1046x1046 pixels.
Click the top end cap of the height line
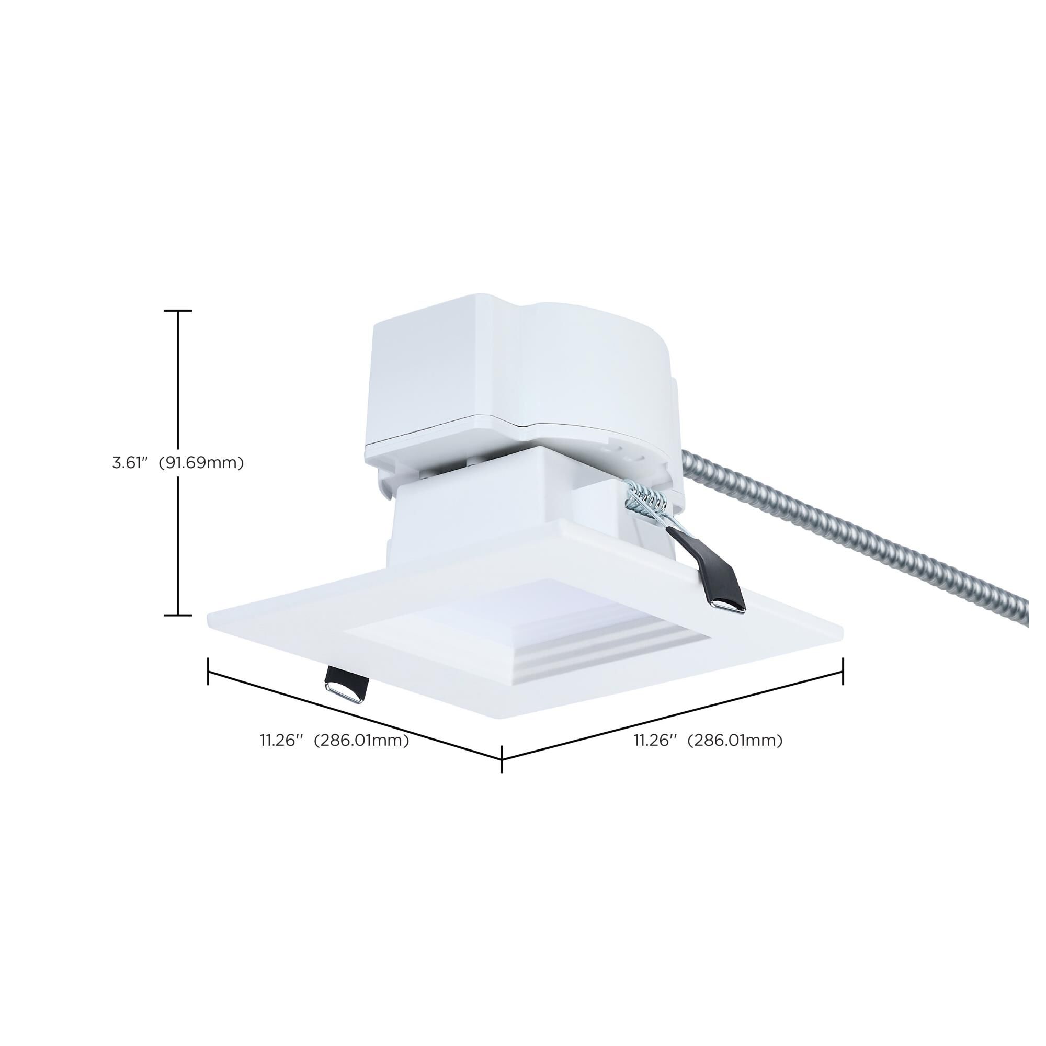click(178, 311)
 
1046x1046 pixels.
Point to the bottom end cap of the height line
click(178, 615)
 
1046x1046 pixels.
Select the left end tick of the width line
click(209, 672)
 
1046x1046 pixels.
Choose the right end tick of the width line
click(843, 672)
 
